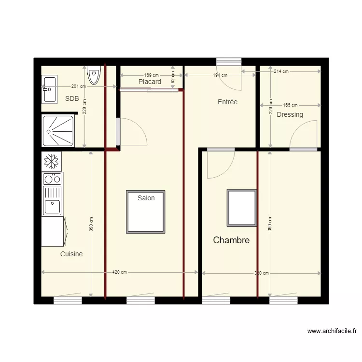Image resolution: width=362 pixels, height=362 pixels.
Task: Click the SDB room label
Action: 72,98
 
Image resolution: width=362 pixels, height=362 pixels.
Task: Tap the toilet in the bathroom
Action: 94,75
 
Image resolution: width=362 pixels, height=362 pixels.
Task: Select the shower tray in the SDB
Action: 59,130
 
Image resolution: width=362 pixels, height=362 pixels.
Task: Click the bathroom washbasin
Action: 50,89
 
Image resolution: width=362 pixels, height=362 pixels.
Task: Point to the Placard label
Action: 150,82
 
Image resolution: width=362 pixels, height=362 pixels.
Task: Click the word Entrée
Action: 227,102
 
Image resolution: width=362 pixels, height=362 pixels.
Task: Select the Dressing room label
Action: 290,114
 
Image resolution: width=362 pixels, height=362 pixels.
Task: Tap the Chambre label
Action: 231,240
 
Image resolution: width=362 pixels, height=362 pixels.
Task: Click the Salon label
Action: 146,198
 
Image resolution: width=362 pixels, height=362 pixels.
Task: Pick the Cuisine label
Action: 71,254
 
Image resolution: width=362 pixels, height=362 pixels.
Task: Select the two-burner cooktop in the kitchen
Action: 52,179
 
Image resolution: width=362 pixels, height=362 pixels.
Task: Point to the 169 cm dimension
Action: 151,75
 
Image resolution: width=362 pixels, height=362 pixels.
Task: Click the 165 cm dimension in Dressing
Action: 290,105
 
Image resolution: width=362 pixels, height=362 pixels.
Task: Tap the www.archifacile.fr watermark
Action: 332,331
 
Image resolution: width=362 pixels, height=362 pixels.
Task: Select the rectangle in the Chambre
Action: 242,208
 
